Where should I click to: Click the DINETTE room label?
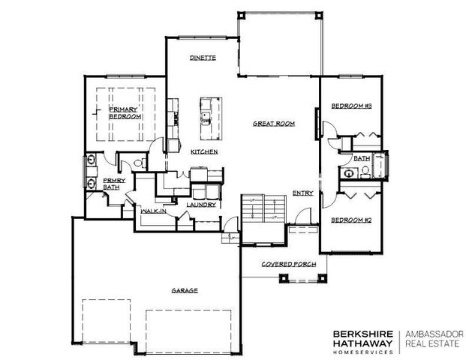point(203,57)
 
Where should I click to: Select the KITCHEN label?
point(203,151)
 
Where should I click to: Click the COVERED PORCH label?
point(287,265)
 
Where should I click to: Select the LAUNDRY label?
point(201,204)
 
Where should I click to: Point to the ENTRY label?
point(302,192)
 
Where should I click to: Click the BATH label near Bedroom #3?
point(362,158)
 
